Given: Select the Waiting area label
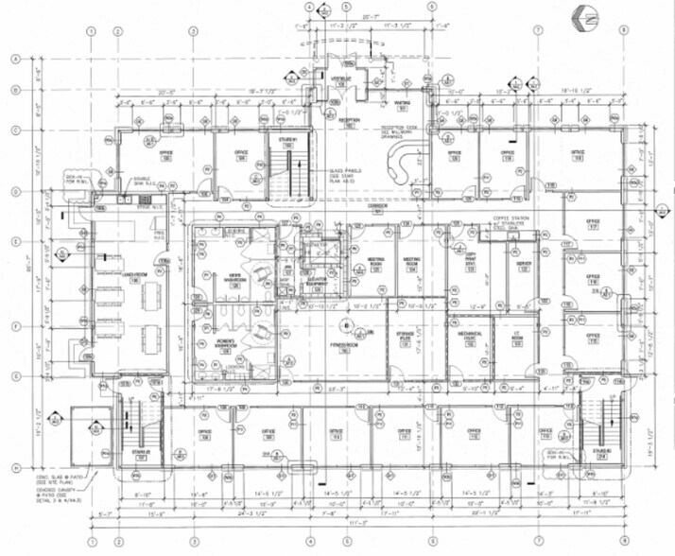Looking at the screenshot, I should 401,107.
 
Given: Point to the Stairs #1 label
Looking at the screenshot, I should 288,142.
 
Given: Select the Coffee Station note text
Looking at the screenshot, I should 516,224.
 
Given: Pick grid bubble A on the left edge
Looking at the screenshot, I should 15,59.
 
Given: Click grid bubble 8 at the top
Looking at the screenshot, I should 624,30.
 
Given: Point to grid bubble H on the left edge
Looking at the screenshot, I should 15,469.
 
